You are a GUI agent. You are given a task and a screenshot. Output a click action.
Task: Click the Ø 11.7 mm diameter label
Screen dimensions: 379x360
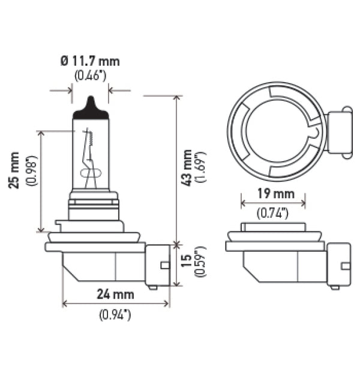coord(90,61)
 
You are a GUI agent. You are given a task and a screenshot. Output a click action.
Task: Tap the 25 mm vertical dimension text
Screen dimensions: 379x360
coord(14,171)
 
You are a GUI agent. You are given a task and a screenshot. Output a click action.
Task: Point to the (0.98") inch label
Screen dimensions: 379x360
coord(32,171)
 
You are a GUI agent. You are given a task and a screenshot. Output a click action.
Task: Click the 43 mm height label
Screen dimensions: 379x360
coord(187,168)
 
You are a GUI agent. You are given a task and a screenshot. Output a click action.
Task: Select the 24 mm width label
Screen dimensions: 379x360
coord(116,294)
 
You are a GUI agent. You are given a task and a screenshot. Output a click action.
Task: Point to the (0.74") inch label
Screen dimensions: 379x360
coord(273,212)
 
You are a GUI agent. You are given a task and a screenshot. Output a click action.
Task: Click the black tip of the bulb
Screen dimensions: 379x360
coord(91,107)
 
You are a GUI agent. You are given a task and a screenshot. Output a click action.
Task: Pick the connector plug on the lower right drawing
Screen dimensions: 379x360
coord(339,264)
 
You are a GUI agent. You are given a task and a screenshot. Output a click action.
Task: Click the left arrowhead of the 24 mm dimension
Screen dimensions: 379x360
coord(65,304)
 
